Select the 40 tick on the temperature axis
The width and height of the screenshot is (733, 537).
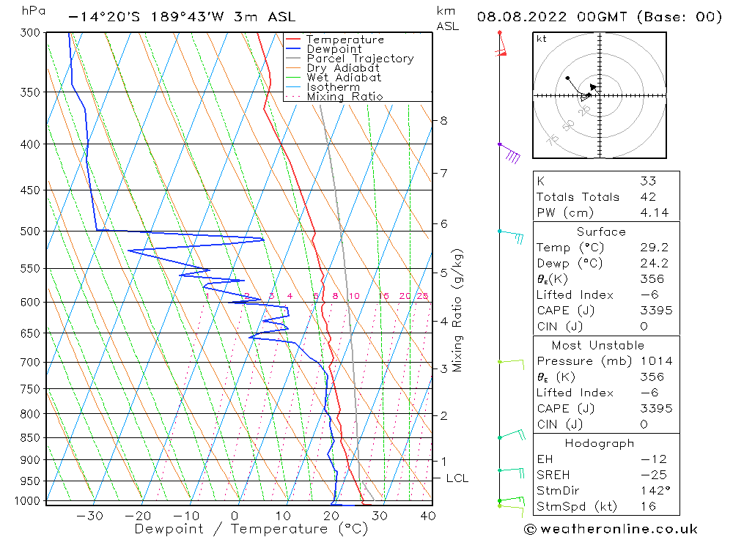coord(428,516)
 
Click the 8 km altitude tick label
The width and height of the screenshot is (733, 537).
coord(444,120)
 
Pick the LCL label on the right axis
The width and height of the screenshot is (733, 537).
coord(457,478)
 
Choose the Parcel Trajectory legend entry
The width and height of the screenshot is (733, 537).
coord(359,59)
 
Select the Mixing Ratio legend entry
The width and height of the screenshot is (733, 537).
coord(345,97)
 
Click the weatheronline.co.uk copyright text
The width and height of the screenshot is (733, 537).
coord(610,529)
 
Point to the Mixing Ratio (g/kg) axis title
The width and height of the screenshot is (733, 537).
coord(458,310)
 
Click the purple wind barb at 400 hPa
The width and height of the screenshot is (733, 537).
coord(510,154)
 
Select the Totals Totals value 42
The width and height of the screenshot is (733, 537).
coord(648,196)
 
